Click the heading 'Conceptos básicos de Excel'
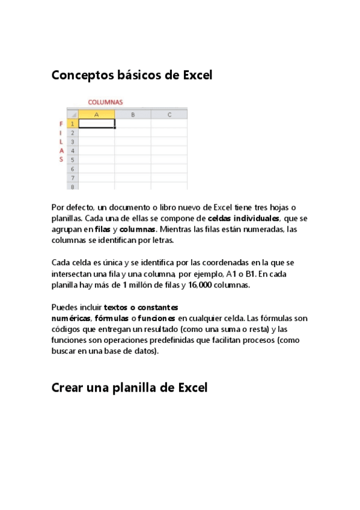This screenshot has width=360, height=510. click(x=132, y=75)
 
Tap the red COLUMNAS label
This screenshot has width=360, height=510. click(x=105, y=102)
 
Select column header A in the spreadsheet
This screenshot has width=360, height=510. click(x=96, y=114)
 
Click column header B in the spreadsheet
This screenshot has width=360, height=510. click(x=132, y=114)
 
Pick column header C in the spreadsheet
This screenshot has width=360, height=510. click(x=169, y=114)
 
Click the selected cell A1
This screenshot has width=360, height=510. click(x=96, y=123)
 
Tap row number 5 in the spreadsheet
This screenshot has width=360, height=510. click(x=72, y=160)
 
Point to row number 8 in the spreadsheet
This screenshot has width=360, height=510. click(x=72, y=187)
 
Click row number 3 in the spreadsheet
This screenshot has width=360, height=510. click(x=72, y=141)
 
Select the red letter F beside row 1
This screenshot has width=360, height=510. click(x=61, y=123)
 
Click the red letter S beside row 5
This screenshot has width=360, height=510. click(x=61, y=159)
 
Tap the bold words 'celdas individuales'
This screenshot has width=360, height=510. click(x=243, y=218)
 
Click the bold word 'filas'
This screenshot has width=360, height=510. click(x=102, y=229)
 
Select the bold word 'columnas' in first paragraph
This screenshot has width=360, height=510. click(x=138, y=229)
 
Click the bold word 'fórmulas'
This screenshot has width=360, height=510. click(x=112, y=318)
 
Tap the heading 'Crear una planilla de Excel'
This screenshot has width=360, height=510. click(x=129, y=388)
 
